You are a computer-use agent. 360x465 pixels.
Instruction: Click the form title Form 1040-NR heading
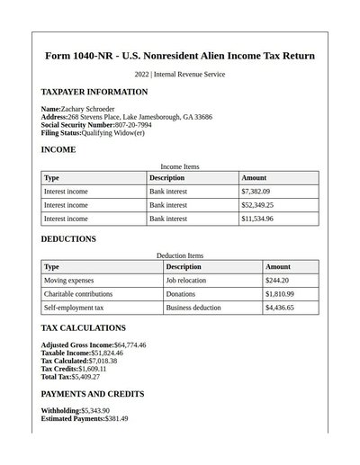click(x=180, y=56)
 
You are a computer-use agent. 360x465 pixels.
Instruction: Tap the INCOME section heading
click(x=58, y=149)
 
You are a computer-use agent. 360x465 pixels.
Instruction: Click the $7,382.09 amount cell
click(x=256, y=192)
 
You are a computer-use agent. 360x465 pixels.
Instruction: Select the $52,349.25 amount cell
click(x=257, y=205)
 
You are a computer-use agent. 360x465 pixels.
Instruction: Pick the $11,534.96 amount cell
click(x=257, y=219)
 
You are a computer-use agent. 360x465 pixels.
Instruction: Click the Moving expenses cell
click(x=68, y=281)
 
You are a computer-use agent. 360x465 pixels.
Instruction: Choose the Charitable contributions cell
click(x=78, y=294)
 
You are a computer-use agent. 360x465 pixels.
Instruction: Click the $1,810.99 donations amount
click(x=279, y=294)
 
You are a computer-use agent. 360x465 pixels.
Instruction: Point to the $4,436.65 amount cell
click(x=279, y=308)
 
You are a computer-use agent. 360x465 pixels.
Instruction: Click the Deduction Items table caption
click(x=180, y=255)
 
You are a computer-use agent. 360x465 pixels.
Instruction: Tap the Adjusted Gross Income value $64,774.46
click(x=130, y=345)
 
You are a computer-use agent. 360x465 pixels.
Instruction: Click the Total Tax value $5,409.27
click(x=85, y=377)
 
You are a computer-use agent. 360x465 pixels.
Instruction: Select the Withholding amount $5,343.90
click(x=95, y=411)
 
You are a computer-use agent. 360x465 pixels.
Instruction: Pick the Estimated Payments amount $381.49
click(x=116, y=419)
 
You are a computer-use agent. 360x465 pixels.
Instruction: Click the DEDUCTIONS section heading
click(x=68, y=239)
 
